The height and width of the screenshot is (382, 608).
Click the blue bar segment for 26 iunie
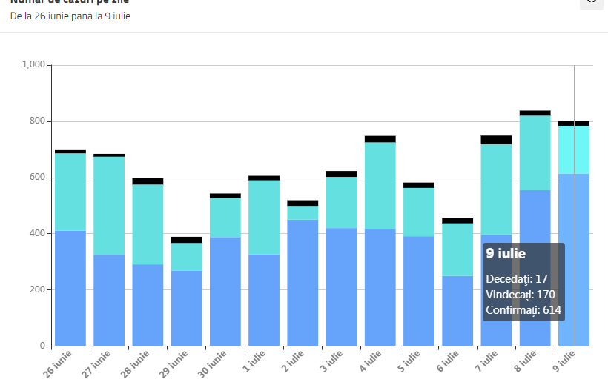[70, 288]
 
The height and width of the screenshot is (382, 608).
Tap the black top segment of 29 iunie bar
[186, 240]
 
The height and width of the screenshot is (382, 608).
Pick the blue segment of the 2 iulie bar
[303, 282]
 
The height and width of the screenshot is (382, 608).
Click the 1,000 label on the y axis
[34, 65]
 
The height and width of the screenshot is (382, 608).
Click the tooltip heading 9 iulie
[506, 254]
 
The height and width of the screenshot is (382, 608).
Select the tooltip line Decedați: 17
[516, 279]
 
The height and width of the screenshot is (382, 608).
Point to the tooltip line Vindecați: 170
[520, 295]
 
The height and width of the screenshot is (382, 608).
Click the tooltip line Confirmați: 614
[523, 310]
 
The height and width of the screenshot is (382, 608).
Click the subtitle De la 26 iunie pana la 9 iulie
[70, 16]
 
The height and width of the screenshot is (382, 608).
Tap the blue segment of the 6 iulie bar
[457, 311]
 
